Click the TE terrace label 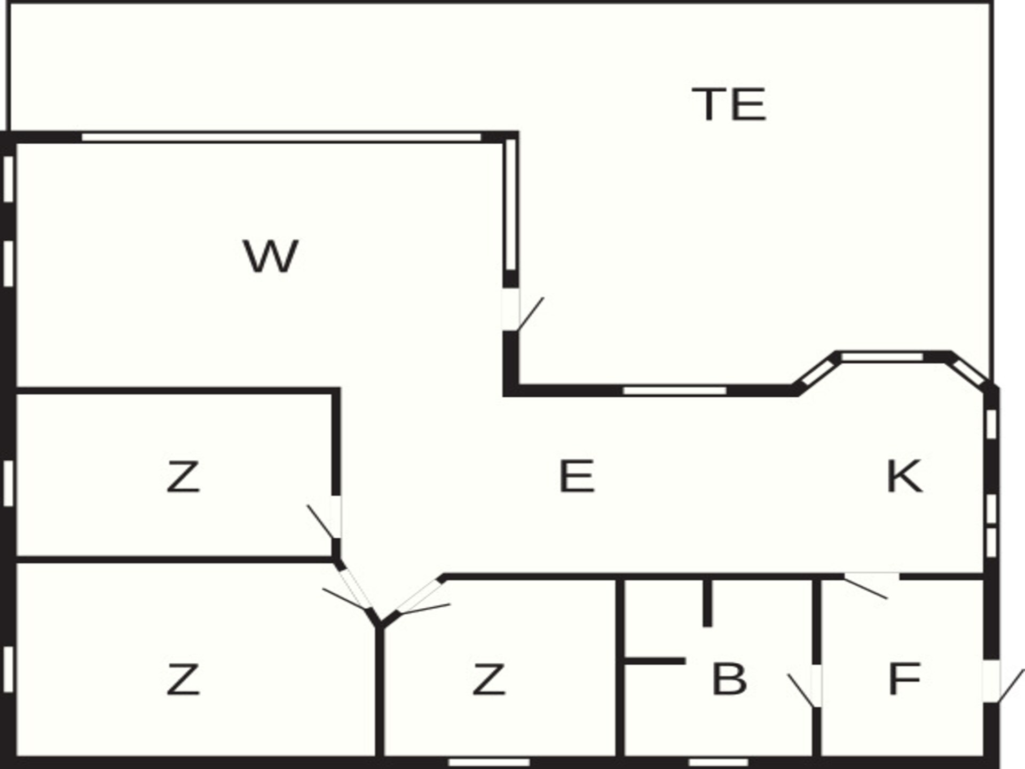[x=729, y=104]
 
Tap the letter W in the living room [x=271, y=256]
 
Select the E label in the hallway [x=577, y=476]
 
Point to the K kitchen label [x=904, y=476]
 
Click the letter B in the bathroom [x=729, y=679]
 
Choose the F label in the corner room [x=904, y=679]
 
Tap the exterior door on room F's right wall [x=1001, y=683]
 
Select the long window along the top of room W [x=281, y=137]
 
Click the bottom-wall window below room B [x=719, y=762]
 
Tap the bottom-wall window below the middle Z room [x=489, y=762]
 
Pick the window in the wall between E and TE [x=675, y=391]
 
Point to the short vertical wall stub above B [x=707, y=603]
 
